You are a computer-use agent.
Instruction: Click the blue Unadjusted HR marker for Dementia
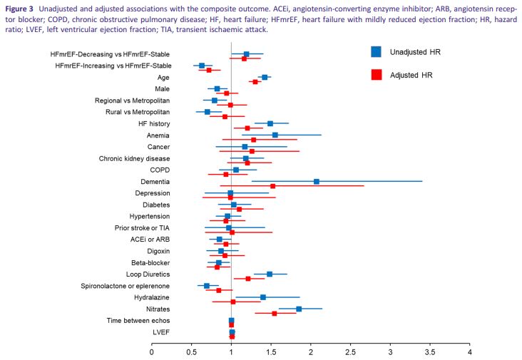[317, 181]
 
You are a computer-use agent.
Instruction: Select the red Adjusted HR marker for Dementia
[272, 185]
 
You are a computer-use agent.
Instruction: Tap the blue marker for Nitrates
[299, 309]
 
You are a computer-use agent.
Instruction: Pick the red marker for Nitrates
[275, 313]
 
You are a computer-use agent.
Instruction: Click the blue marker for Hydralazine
[263, 297]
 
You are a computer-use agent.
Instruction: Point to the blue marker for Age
[265, 77]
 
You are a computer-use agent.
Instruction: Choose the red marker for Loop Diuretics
[248, 279]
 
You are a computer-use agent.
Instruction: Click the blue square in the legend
[377, 51]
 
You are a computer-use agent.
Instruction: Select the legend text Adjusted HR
[413, 74]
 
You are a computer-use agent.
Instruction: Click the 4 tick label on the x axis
[469, 351]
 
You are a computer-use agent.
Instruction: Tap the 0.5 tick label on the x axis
[191, 351]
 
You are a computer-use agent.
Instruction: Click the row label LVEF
[161, 331]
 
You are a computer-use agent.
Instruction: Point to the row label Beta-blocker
[150, 262]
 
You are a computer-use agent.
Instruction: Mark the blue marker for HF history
[270, 123]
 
